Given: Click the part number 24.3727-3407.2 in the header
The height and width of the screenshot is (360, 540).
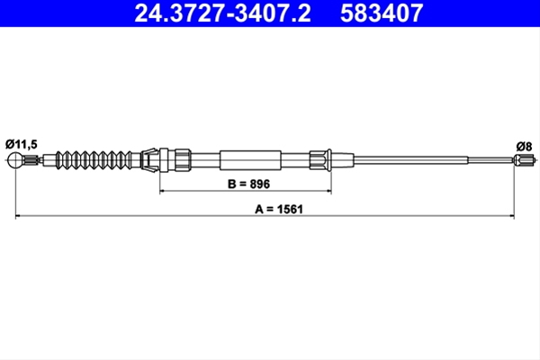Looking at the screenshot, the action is [x=222, y=13].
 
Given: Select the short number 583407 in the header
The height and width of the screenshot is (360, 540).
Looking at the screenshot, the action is [x=382, y=13].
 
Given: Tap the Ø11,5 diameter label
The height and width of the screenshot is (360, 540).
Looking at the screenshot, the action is [x=22, y=144].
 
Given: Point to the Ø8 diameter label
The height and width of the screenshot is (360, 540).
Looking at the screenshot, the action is [x=524, y=147].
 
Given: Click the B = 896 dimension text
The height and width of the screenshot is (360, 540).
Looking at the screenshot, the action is [x=248, y=184].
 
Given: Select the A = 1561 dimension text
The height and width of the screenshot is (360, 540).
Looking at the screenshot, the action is [x=279, y=209].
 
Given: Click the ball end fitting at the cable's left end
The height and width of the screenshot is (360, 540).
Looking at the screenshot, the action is [x=15, y=160].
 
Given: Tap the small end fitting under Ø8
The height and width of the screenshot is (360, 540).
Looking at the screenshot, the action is [x=525, y=160].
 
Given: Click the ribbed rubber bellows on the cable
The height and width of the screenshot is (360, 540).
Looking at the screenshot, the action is [x=94, y=160].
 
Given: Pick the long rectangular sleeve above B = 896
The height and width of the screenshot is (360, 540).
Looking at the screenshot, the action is [x=250, y=160].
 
